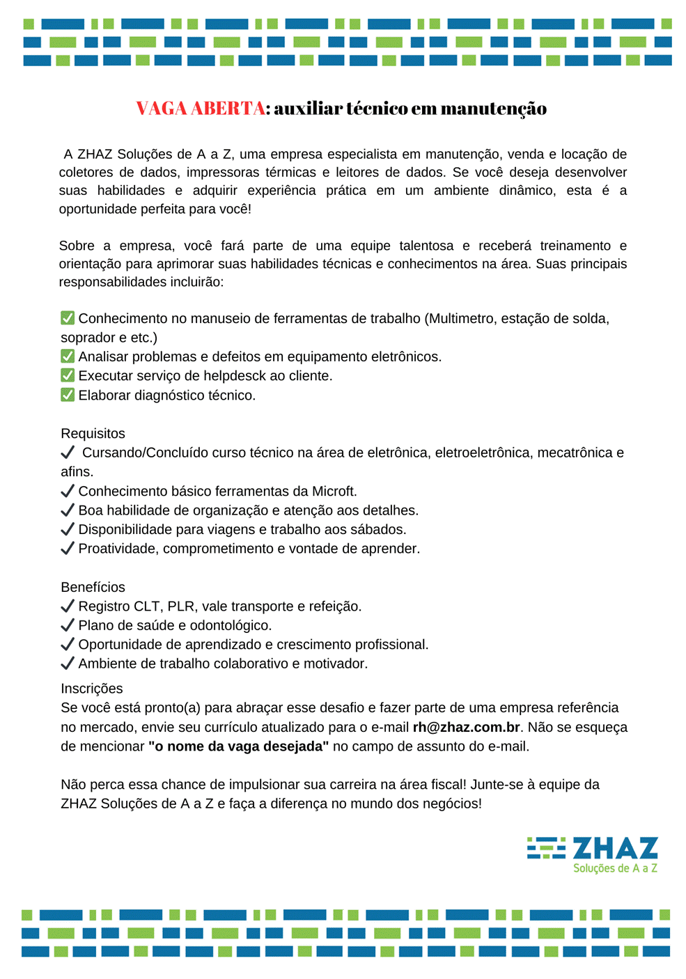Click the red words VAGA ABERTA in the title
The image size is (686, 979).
tap(201, 109)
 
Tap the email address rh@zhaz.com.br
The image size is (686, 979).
tap(466, 727)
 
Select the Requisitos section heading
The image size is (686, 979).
tap(93, 433)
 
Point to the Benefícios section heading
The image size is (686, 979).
tap(93, 587)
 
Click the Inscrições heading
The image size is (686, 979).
tap(91, 689)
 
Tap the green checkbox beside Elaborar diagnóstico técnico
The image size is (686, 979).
tap(68, 395)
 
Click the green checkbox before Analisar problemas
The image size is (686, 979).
tap(68, 356)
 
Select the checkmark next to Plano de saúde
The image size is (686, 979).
tap(68, 625)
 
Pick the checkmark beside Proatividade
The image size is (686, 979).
tap(68, 548)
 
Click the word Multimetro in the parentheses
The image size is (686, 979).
tap(462, 318)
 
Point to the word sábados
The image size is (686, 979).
tap(380, 529)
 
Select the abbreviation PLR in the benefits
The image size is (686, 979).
tap(181, 606)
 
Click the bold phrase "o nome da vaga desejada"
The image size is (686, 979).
tap(238, 746)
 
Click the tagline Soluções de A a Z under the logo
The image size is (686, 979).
tap(615, 868)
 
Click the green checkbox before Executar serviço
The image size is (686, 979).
tap(68, 375)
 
